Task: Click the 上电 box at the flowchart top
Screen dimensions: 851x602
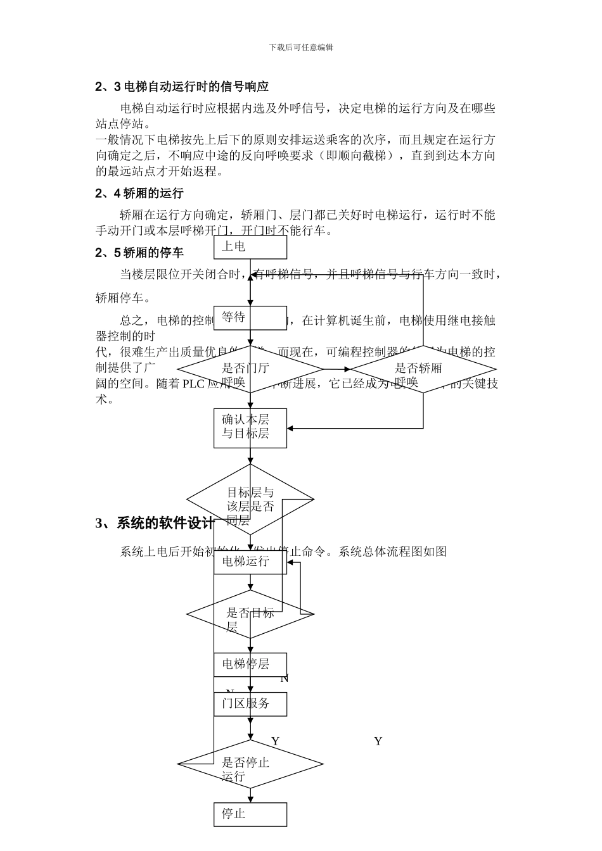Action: (250, 247)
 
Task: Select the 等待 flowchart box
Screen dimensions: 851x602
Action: (250, 318)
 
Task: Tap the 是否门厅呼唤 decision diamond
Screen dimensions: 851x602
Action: (250, 369)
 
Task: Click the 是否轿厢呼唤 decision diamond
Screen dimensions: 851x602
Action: (423, 369)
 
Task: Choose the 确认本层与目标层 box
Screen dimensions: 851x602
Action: (250, 428)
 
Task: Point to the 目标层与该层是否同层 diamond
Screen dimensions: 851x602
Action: (250, 500)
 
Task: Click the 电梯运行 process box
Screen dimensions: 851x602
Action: (250, 562)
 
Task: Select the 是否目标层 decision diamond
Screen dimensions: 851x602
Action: (250, 614)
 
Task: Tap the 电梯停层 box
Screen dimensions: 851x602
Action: (250, 664)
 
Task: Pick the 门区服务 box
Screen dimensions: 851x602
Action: (250, 703)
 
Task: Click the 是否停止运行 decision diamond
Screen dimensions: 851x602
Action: (250, 764)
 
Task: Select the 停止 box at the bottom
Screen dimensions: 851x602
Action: (250, 814)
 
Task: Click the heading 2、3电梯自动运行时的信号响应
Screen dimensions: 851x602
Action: (182, 87)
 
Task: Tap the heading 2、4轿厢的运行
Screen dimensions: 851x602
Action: (139, 193)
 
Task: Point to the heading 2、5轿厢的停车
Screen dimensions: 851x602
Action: (139, 253)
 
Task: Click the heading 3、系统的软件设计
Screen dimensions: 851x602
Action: (155, 523)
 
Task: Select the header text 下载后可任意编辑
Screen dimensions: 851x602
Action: (301, 47)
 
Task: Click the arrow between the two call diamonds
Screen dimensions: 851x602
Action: (336, 369)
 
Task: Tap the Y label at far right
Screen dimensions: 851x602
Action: (378, 741)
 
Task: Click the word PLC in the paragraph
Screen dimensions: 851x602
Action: (195, 384)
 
